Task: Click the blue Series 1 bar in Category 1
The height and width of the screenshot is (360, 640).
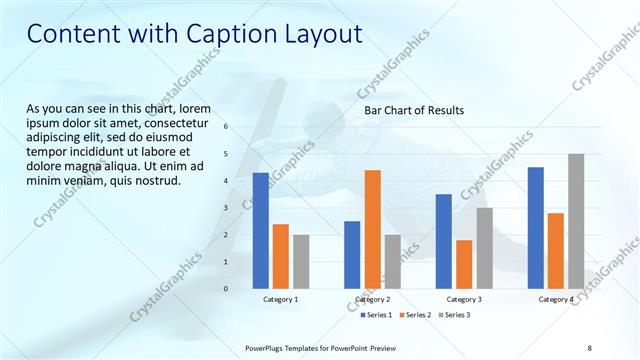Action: (261, 230)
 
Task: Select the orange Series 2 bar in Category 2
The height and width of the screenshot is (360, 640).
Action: (372, 229)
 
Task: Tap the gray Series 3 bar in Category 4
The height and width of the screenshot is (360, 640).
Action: (576, 221)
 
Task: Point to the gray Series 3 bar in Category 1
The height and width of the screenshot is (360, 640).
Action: (301, 261)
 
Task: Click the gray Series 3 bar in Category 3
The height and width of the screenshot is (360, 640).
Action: (484, 248)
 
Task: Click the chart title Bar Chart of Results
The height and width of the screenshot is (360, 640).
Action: (413, 110)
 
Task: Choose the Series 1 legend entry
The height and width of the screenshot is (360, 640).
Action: (377, 315)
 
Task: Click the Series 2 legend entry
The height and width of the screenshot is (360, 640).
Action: (414, 315)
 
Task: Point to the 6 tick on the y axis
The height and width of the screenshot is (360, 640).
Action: (226, 127)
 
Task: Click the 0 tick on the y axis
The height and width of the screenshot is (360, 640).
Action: (226, 289)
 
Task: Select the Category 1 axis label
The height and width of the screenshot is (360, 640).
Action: (281, 299)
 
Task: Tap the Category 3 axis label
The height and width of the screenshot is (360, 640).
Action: (464, 299)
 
